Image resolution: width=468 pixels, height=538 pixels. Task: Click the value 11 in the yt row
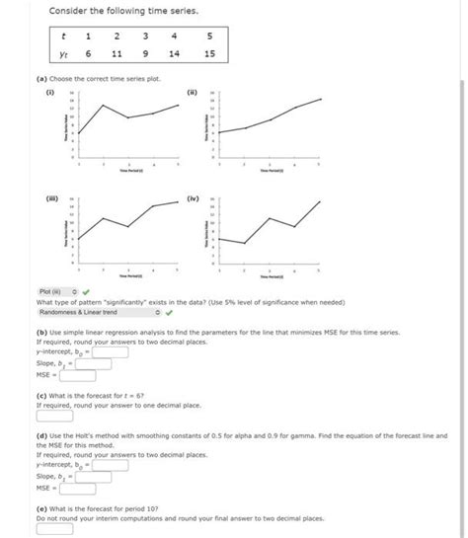click(x=117, y=54)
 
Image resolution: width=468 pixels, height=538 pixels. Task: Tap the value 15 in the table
click(x=208, y=54)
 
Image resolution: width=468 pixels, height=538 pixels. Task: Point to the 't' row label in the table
click(x=64, y=36)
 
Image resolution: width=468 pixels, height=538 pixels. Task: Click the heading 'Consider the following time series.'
click(x=109, y=10)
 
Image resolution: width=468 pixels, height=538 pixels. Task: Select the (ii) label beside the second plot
click(x=193, y=94)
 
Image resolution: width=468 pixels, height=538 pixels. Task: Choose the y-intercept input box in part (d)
click(x=110, y=463)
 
